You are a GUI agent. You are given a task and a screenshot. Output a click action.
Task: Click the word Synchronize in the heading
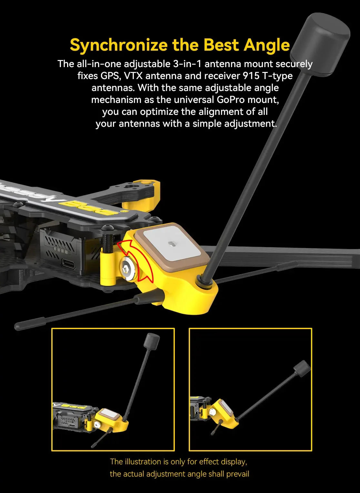118,45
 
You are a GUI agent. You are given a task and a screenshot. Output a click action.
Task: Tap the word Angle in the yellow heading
267,45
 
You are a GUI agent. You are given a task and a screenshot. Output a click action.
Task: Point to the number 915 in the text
251,76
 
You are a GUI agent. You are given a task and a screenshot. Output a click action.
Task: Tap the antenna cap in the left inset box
152,341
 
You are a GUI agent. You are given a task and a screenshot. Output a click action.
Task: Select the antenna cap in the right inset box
302,369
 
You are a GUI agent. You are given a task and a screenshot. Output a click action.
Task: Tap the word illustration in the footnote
147,462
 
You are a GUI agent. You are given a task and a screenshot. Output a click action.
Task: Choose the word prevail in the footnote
238,474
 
